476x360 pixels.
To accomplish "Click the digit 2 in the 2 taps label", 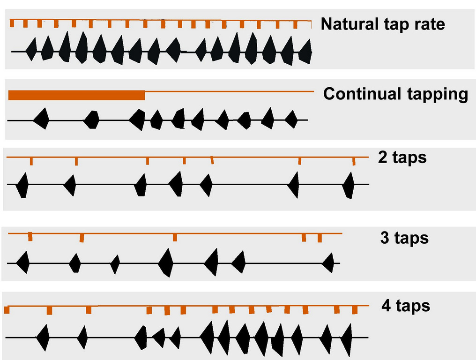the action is pyautogui.click(x=382, y=157).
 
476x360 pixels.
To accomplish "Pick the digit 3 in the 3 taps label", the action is pyautogui.click(x=385, y=238).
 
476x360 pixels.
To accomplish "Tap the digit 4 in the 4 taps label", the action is pyautogui.click(x=387, y=306).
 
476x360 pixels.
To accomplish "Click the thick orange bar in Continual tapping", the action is pyautogui.click(x=77, y=95).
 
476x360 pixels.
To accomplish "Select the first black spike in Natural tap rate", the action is pyautogui.click(x=31, y=49).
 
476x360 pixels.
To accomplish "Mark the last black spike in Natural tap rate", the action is pyautogui.click(x=306, y=52).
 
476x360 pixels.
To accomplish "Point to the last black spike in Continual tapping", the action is pyautogui.click(x=291, y=119).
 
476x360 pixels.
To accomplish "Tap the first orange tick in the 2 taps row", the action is pyautogui.click(x=31, y=161).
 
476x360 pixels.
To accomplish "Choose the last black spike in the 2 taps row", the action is pyautogui.click(x=348, y=185).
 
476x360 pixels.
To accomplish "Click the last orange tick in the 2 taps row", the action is pyautogui.click(x=354, y=161).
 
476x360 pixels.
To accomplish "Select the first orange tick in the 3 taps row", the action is pyautogui.click(x=30, y=236).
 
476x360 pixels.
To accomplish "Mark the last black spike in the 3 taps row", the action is pyautogui.click(x=329, y=263).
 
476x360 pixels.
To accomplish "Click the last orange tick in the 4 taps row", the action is pyautogui.click(x=355, y=310).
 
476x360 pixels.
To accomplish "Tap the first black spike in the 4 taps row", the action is pyautogui.click(x=44, y=337).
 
